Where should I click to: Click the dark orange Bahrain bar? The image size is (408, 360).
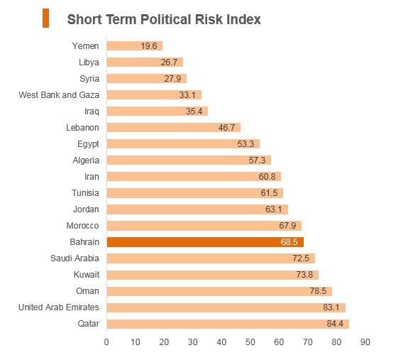[x=205, y=242]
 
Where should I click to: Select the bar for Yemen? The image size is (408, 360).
[x=135, y=46]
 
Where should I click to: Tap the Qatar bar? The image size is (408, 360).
[x=228, y=324]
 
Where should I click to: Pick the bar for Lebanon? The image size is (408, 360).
[x=174, y=128]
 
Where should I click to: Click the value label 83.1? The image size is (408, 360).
[x=331, y=307]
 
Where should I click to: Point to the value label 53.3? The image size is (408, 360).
[x=246, y=144]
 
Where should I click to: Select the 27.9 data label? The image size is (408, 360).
[x=172, y=79]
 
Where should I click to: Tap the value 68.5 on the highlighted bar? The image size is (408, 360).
[x=289, y=242]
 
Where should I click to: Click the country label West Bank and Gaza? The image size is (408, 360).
[x=59, y=95]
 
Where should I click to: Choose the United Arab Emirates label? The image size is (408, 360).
[x=59, y=307]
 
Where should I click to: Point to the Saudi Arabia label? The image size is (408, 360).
[x=75, y=258]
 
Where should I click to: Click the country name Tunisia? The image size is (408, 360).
[x=85, y=193]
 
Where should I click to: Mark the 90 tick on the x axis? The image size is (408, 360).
[x=365, y=342]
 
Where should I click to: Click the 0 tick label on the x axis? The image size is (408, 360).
[x=106, y=342]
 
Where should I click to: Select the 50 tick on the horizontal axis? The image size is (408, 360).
[x=250, y=342]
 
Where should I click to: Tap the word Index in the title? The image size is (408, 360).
[x=243, y=19]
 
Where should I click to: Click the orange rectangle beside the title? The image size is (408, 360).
[x=46, y=18]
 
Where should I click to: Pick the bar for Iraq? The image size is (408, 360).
[x=158, y=111]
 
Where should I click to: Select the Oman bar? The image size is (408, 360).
[x=219, y=291]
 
